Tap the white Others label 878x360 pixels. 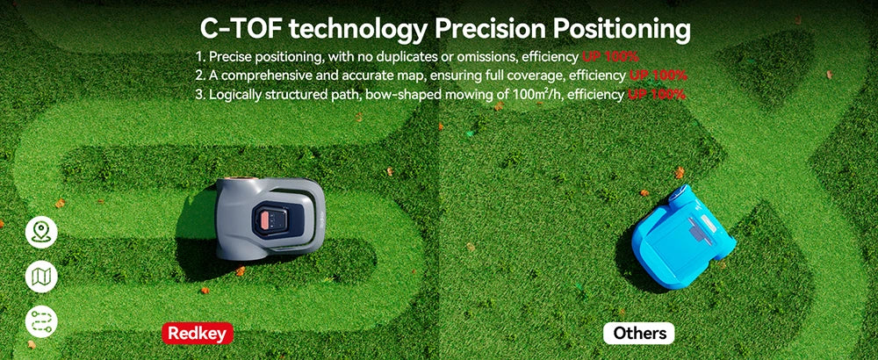[x=639, y=333]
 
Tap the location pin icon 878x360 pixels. [x=41, y=233]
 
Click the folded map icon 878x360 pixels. [x=41, y=277]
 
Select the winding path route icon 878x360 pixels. [x=41, y=321]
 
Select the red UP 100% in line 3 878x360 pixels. [x=656, y=95]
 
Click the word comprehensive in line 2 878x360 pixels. [x=262, y=76]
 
